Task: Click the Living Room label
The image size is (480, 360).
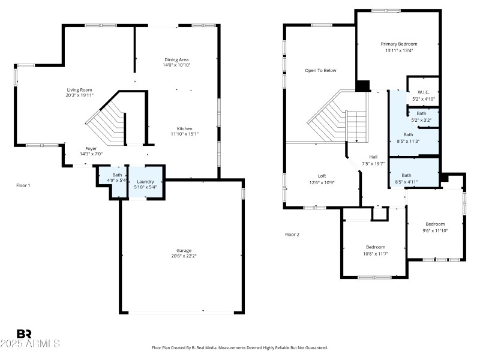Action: pyautogui.click(x=80, y=90)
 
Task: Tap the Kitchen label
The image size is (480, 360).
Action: pyautogui.click(x=184, y=129)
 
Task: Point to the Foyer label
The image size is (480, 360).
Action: pyautogui.click(x=91, y=148)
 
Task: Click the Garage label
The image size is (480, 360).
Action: pyautogui.click(x=184, y=250)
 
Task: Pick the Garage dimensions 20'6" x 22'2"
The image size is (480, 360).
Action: pyautogui.click(x=184, y=256)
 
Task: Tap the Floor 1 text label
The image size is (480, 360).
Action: pyautogui.click(x=23, y=185)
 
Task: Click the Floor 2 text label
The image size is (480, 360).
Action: pyautogui.click(x=292, y=235)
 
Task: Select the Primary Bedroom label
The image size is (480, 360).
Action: pyautogui.click(x=399, y=44)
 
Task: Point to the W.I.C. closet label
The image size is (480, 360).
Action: pyautogui.click(x=423, y=92)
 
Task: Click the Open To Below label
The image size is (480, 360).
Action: pyautogui.click(x=320, y=70)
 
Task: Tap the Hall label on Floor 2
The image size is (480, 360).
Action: pyautogui.click(x=373, y=157)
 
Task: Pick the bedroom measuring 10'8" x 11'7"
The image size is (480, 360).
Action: pyautogui.click(x=376, y=250)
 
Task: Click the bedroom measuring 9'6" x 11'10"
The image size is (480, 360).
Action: pyautogui.click(x=435, y=227)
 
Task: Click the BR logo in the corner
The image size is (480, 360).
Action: pyautogui.click(x=24, y=334)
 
